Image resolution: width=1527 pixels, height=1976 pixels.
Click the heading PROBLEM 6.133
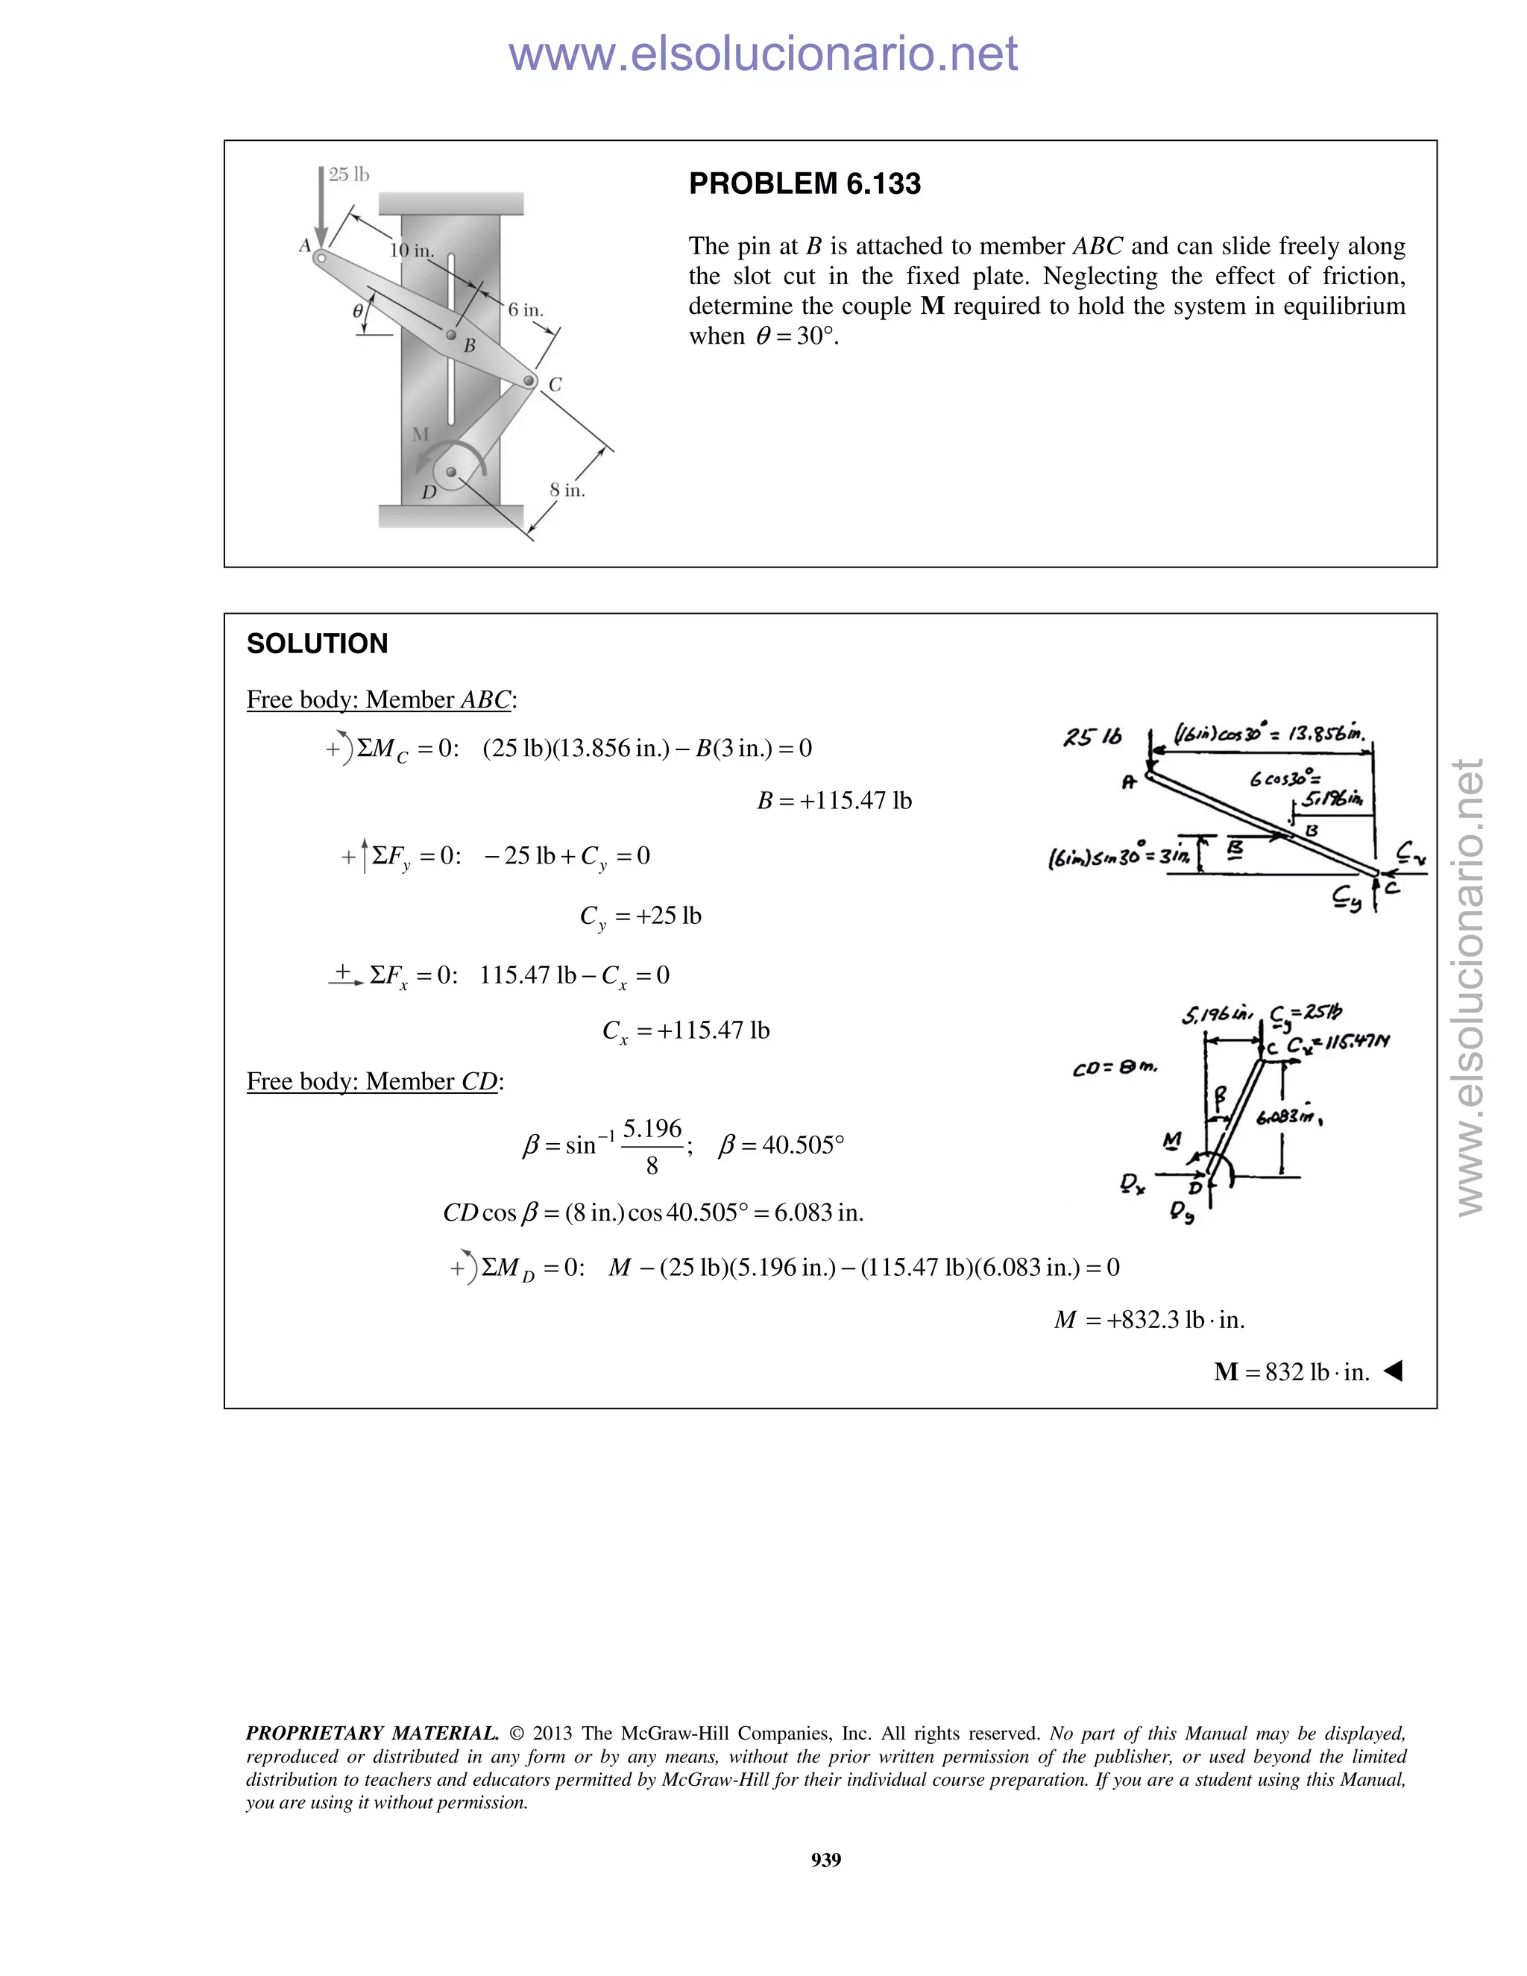click(x=805, y=183)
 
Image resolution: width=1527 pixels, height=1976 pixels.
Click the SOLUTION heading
click(x=317, y=644)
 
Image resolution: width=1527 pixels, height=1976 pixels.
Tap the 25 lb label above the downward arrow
click(x=348, y=174)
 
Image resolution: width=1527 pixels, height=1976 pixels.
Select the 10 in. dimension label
click(x=411, y=251)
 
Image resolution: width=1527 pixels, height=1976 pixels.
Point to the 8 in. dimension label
click(x=567, y=491)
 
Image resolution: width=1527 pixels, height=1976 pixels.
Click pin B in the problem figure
click(x=451, y=335)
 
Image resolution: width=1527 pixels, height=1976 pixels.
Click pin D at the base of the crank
click(x=451, y=471)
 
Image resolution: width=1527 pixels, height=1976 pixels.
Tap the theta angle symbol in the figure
click(x=358, y=310)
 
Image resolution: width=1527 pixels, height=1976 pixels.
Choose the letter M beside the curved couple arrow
click(x=420, y=434)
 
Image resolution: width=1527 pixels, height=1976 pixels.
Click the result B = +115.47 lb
click(x=834, y=801)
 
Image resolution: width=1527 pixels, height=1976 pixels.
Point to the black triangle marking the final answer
click(x=1393, y=1371)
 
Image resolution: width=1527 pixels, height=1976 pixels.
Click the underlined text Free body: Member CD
click(x=374, y=1081)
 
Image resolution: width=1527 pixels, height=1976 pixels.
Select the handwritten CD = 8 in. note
click(x=1115, y=1069)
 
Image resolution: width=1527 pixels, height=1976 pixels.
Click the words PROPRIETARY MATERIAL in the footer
click(x=372, y=1733)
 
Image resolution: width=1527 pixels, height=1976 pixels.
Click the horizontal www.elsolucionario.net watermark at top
click(x=763, y=54)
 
